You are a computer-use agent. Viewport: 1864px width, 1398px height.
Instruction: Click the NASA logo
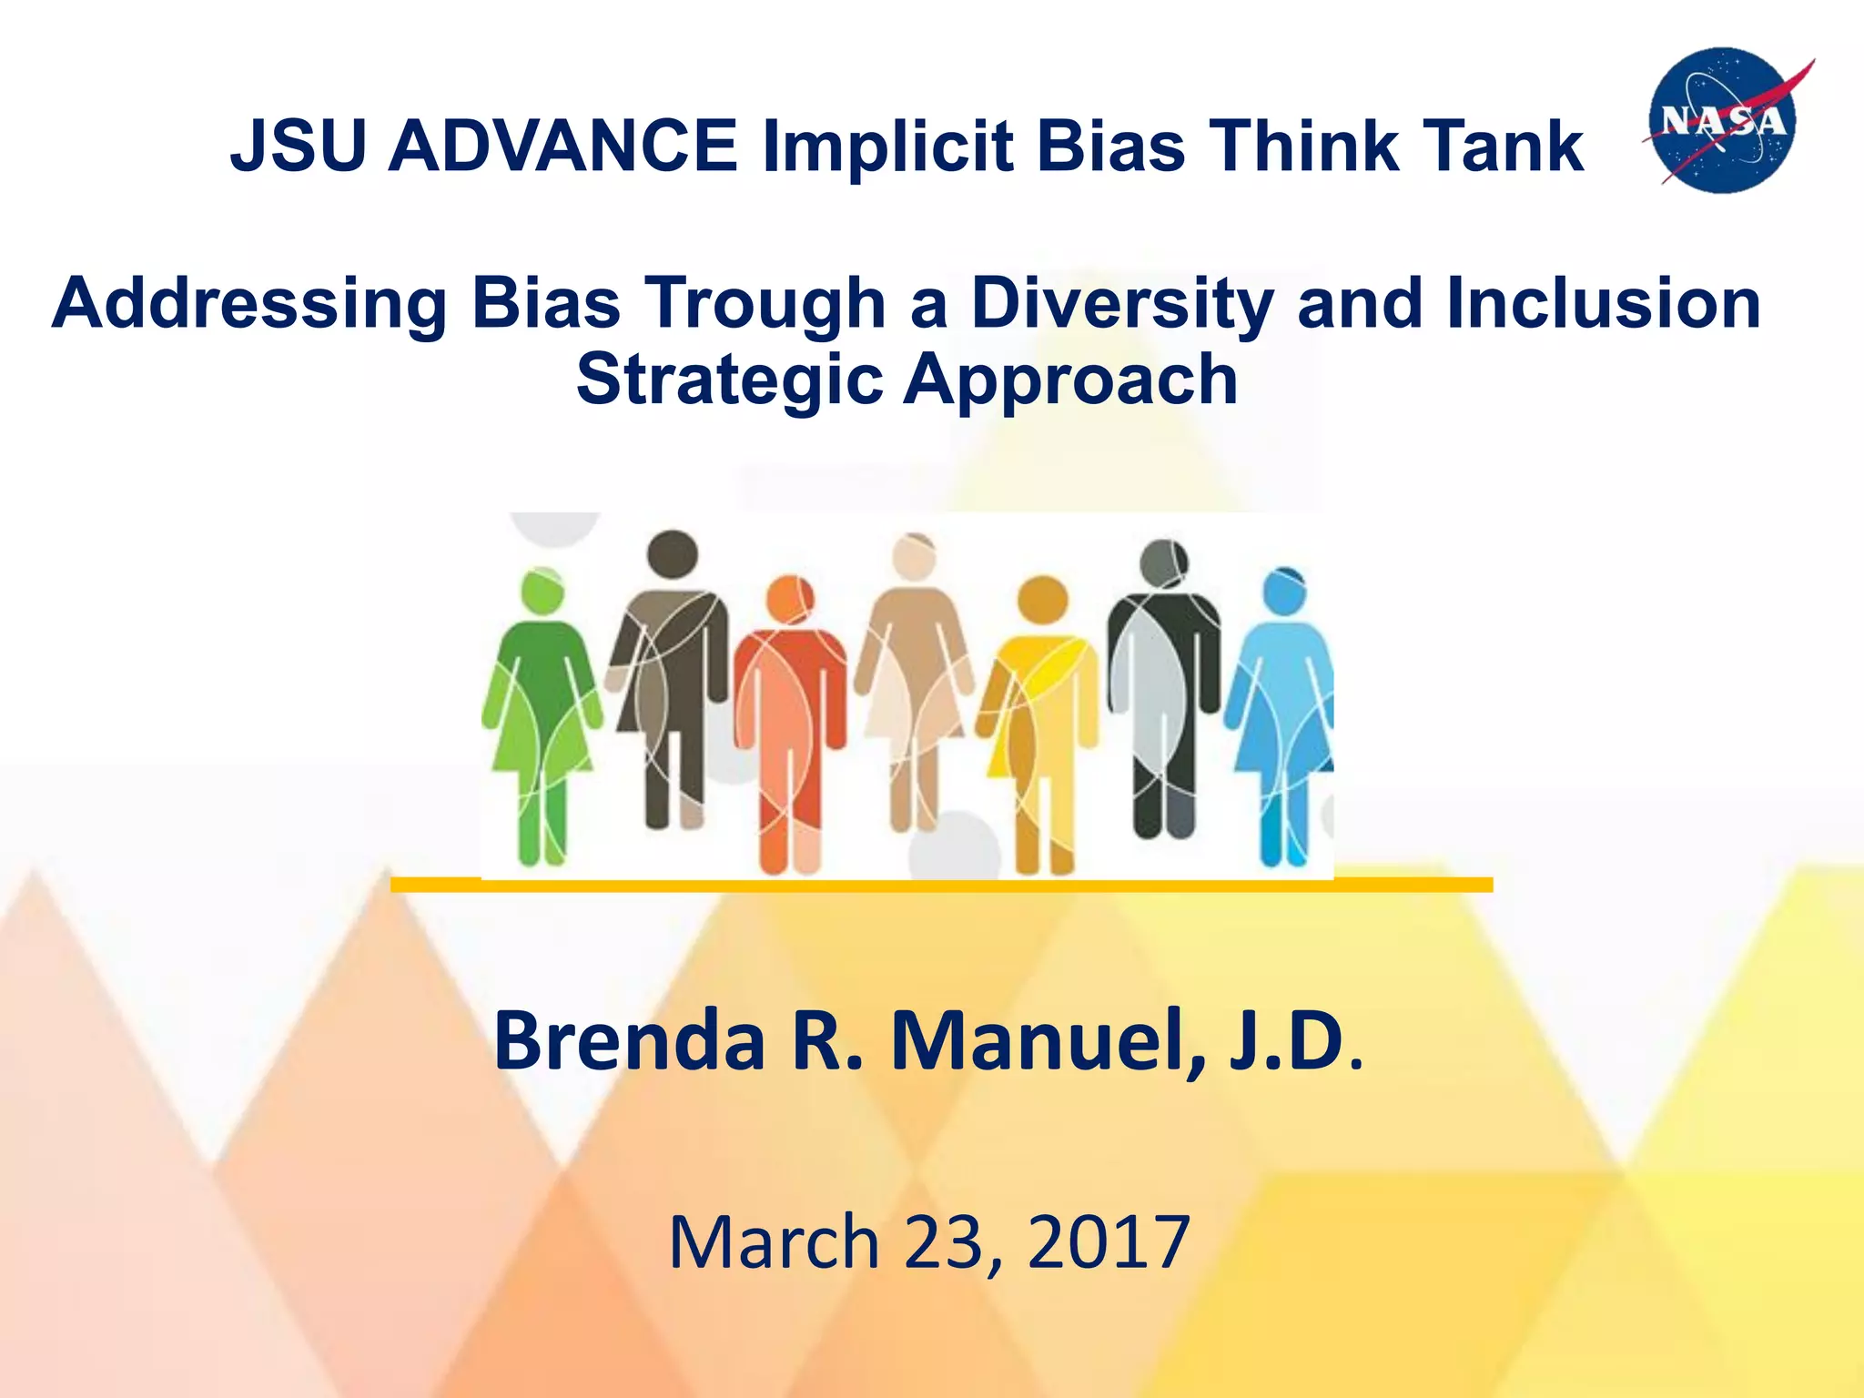[x=1724, y=120]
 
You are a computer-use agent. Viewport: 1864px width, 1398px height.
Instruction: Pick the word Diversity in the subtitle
[x=1121, y=304]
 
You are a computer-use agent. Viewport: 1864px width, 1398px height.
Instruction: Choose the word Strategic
[x=729, y=380]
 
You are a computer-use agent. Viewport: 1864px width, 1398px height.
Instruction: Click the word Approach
[x=1070, y=380]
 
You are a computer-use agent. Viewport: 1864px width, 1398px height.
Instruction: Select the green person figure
[x=542, y=710]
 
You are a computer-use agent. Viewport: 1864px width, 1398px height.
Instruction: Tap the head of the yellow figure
[x=1042, y=601]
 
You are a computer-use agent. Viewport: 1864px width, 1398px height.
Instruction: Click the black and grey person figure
[x=1163, y=692]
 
